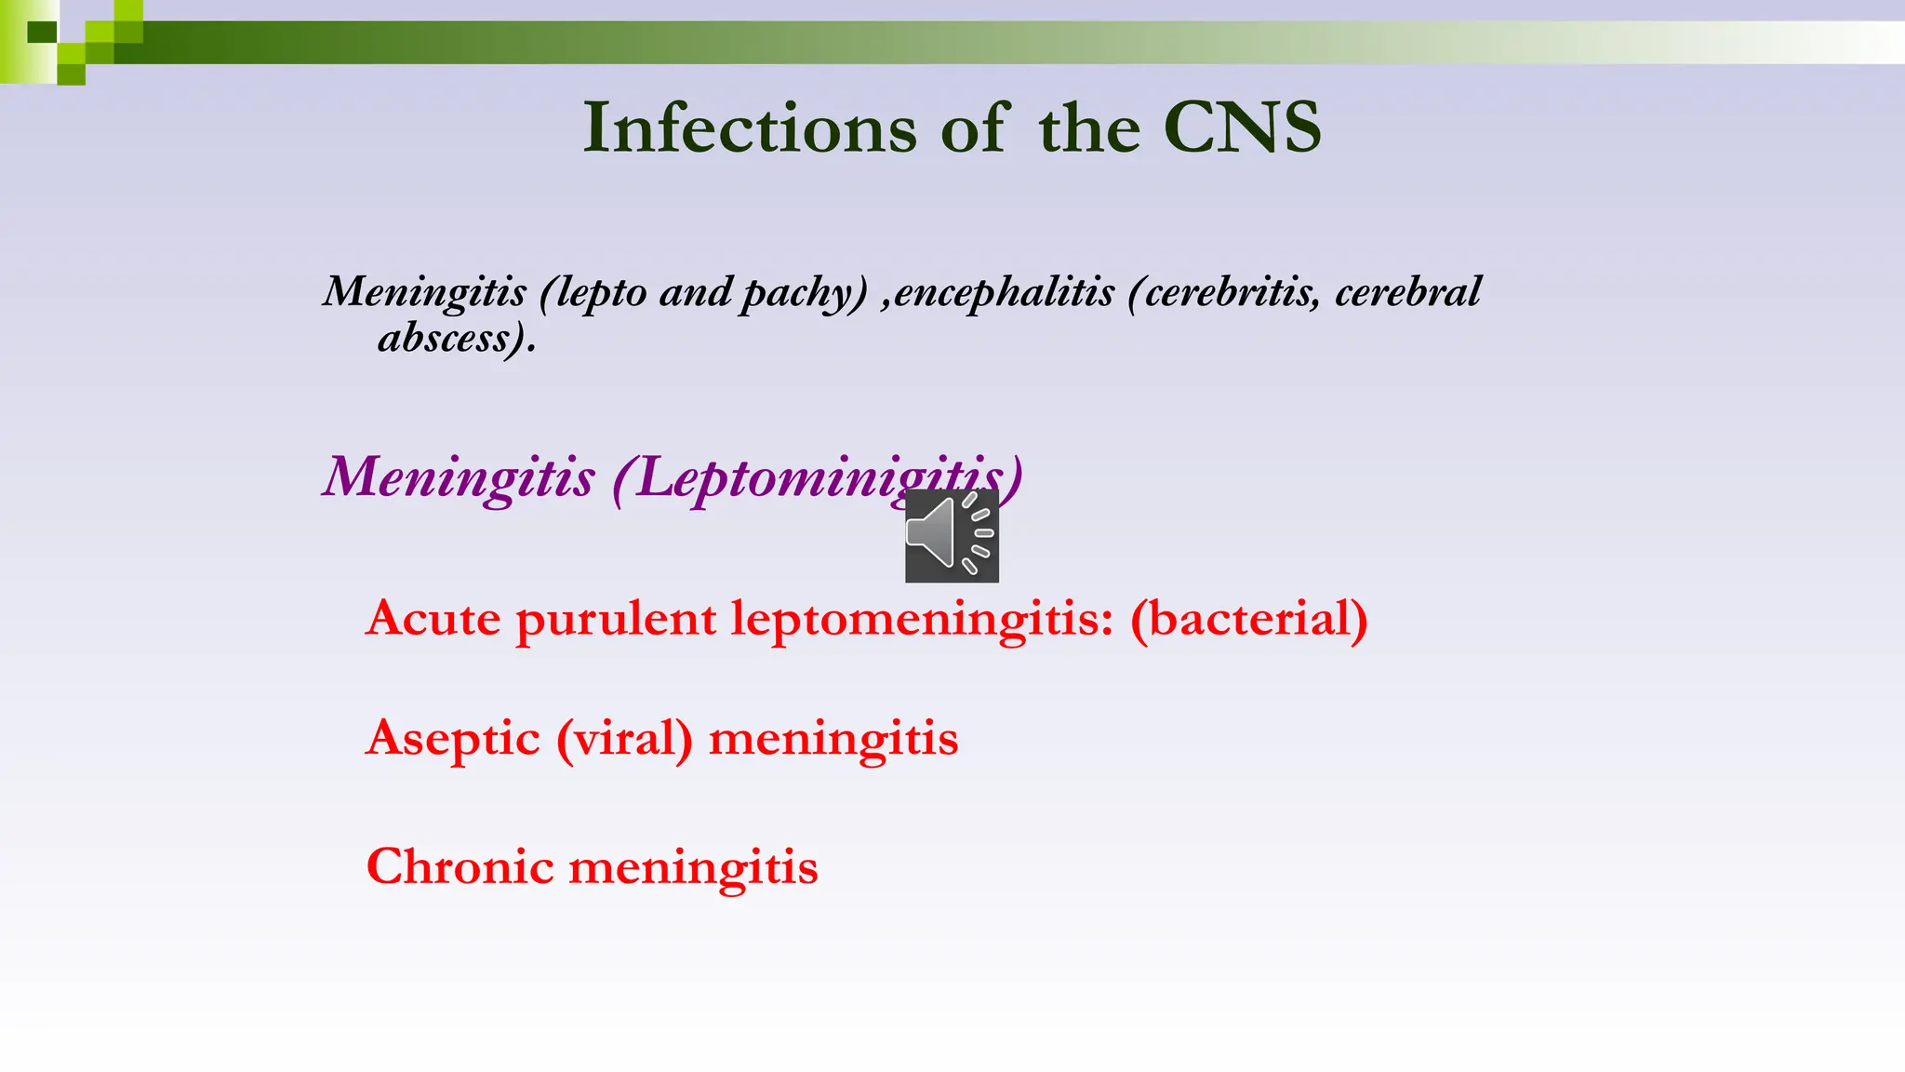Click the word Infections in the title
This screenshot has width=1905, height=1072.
pos(750,127)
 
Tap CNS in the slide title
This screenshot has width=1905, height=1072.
pos(1242,127)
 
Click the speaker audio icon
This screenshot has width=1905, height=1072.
pos(952,536)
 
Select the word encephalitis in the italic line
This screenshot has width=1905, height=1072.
pos(1004,292)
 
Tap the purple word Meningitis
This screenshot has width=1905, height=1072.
pos(459,478)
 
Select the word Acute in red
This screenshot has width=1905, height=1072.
pos(433,619)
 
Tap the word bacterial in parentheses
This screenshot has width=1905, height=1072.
pos(1249,619)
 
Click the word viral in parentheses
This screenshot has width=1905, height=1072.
pos(625,740)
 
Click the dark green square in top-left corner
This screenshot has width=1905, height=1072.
pos(42,33)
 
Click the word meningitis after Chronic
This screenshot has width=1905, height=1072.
pos(693,868)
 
